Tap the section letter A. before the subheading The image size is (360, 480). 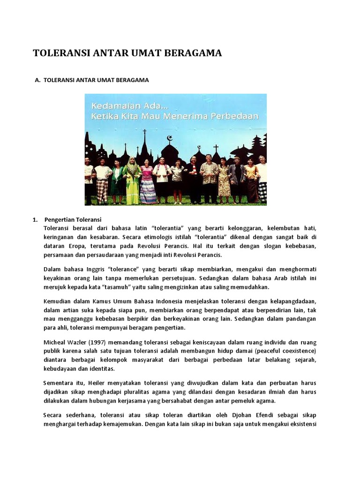coord(38,80)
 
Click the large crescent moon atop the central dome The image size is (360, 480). coord(170,138)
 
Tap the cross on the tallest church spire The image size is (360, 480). coord(144,133)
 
